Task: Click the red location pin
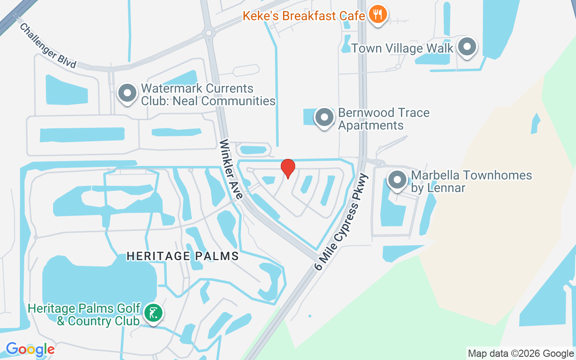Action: coord(288,168)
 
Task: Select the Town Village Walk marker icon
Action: coord(467,46)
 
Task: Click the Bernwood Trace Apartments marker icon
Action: coord(324,117)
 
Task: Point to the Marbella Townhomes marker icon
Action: coord(397,180)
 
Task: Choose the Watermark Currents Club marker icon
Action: coord(127,93)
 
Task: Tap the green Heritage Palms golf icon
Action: coord(153,313)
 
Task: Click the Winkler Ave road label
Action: coord(231,169)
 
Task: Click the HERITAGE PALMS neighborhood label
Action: coord(182,256)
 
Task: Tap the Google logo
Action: coord(30,349)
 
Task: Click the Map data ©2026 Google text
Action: coord(521,354)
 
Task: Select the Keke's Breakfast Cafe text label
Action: coord(304,16)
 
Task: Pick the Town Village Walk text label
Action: coord(402,48)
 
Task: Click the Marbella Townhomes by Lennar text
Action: coord(472,181)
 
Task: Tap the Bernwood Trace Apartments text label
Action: coord(384,119)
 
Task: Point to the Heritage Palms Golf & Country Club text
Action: coord(84,315)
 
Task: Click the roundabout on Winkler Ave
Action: coord(208,32)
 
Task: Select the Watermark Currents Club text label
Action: coord(208,94)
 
